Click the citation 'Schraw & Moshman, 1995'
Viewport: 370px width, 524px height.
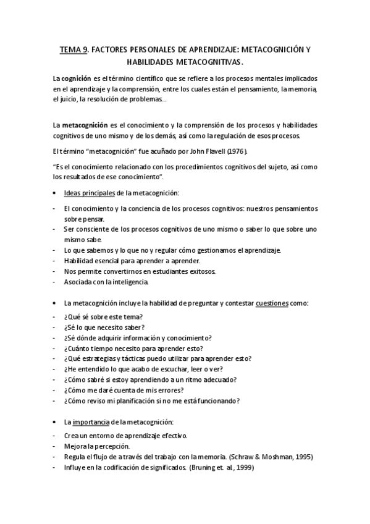(x=271, y=456)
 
